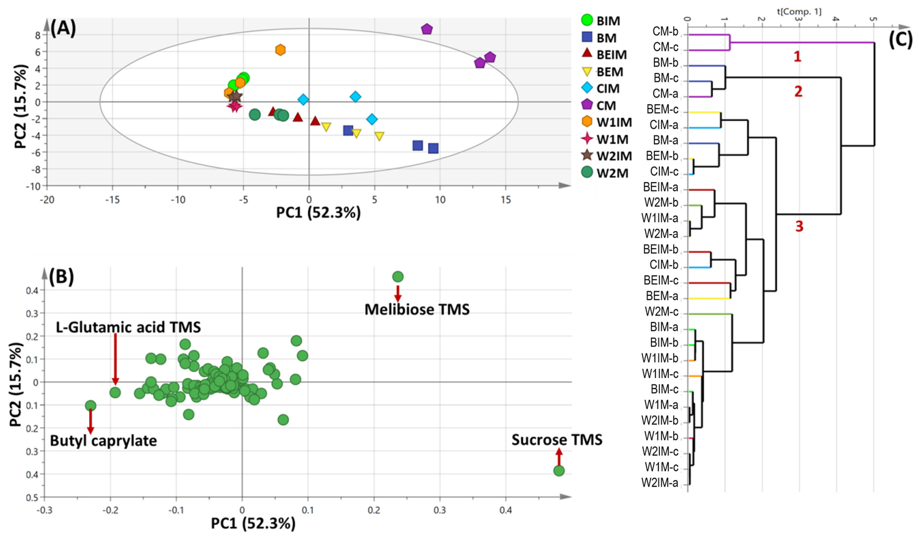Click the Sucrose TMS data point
tap(559, 471)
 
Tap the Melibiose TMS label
tap(417, 309)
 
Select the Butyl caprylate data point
tap(90, 406)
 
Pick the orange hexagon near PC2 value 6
tap(280, 50)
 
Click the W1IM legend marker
tap(587, 122)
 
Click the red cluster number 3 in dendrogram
tap(799, 226)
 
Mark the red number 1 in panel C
tap(797, 57)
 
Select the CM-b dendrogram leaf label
tap(665, 32)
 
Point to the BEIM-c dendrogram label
tap(661, 280)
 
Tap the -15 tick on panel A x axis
tap(112, 200)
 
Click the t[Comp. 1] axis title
tap(799, 12)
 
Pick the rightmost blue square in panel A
tap(433, 148)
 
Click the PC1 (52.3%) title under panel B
tap(253, 524)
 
